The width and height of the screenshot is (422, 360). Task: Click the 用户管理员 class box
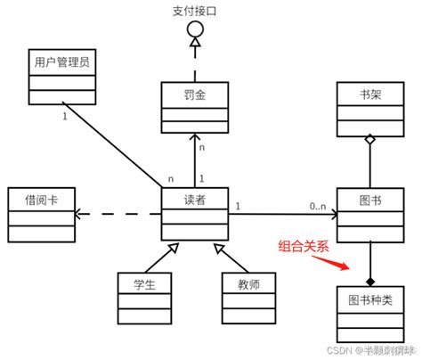pyautogui.click(x=61, y=77)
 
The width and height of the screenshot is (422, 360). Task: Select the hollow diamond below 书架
pyautogui.click(x=367, y=139)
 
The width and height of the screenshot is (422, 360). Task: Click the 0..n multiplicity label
pyautogui.click(x=321, y=208)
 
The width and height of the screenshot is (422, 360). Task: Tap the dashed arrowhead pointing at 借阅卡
pyautogui.click(x=79, y=214)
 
